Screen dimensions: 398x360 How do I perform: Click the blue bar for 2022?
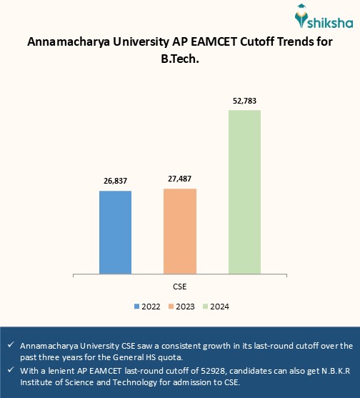[x=115, y=232]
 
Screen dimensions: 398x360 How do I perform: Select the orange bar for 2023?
[x=179, y=230]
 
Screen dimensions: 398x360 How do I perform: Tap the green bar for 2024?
[x=244, y=191]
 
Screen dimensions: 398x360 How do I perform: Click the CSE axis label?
[x=180, y=286]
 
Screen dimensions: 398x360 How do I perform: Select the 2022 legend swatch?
[x=136, y=307]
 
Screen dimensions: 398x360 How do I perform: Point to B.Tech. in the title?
[x=180, y=59]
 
